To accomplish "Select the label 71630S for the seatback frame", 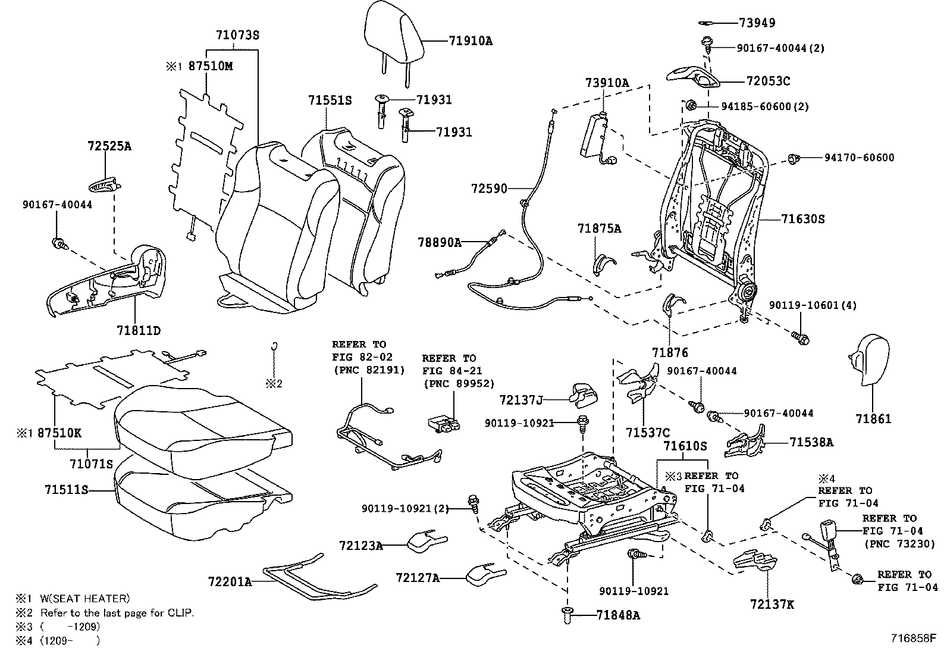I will tap(803, 219).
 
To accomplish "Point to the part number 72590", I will tap(489, 189).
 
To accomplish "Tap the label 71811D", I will tap(139, 330).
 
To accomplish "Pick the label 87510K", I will tap(59, 433).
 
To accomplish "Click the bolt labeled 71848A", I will tap(566, 615).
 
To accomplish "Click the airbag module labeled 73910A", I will tap(597, 135).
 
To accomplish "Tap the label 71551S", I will tap(330, 101).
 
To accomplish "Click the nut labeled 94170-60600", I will tap(792, 158).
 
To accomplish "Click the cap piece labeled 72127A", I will tap(485, 574).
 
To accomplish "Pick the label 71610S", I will tap(685, 446).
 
